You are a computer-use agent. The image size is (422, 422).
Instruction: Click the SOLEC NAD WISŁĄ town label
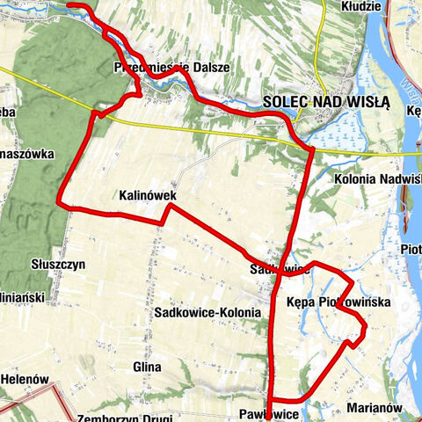(x=325, y=101)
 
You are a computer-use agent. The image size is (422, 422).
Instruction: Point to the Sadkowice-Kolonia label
(x=207, y=313)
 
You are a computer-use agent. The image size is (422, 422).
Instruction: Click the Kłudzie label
(x=364, y=6)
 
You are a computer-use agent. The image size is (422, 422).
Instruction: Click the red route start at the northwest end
(x=69, y=5)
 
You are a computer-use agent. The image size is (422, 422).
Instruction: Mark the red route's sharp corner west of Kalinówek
(x=59, y=203)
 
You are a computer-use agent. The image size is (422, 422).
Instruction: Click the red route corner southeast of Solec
(x=311, y=151)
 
